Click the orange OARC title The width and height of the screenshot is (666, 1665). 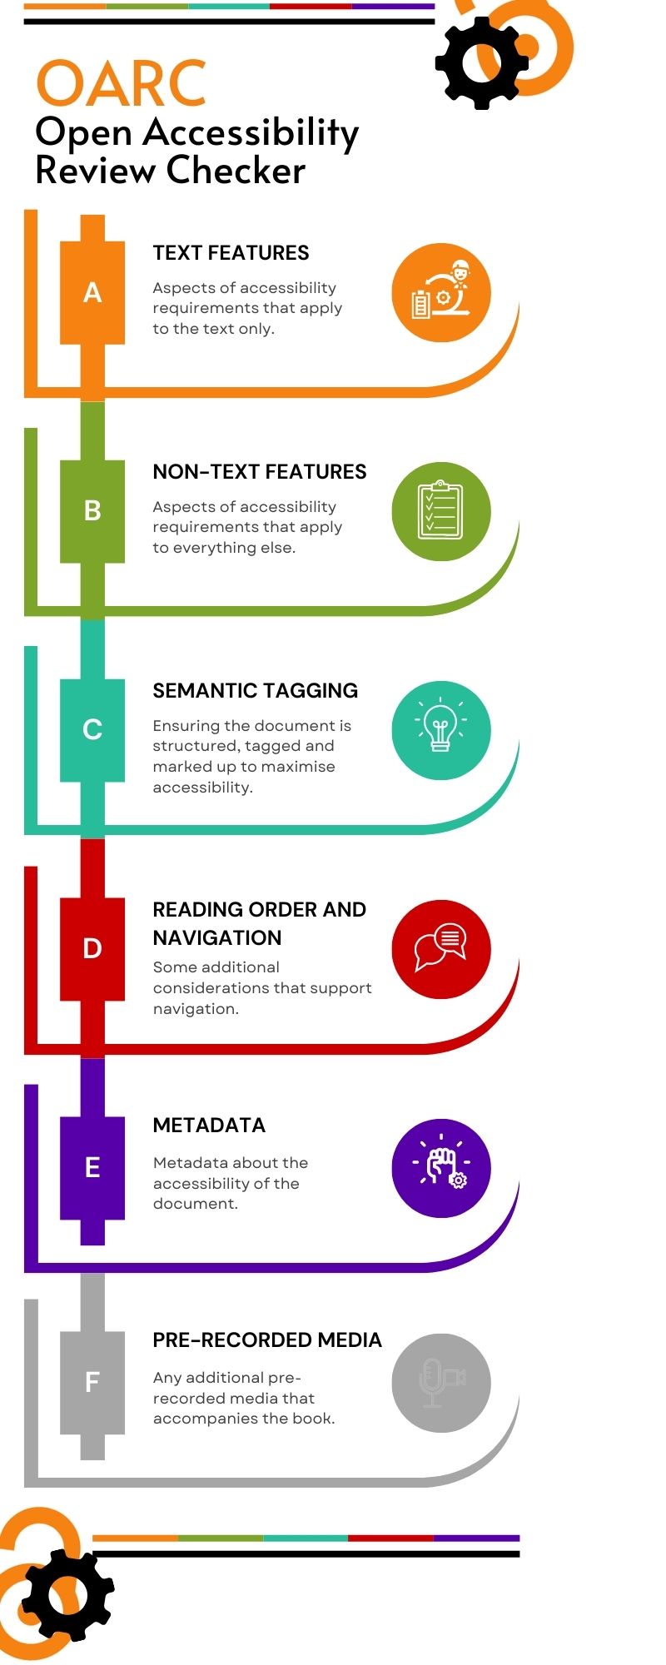click(121, 83)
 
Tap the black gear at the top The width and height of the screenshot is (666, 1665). click(481, 62)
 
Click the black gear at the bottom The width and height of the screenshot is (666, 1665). click(67, 1595)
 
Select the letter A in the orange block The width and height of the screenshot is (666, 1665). click(92, 292)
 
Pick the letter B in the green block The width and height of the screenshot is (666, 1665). click(92, 510)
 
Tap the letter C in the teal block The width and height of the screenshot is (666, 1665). click(92, 729)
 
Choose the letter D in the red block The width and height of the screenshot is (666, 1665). click(92, 948)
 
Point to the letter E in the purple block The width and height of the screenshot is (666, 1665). click(92, 1167)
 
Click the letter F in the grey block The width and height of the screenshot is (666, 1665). click(92, 1382)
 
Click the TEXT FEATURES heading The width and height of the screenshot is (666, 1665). click(231, 253)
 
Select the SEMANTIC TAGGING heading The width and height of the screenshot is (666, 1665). click(255, 691)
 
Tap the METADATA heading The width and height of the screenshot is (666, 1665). click(209, 1126)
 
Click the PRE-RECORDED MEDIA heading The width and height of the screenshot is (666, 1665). click(266, 1340)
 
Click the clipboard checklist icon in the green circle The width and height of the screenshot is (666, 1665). click(440, 510)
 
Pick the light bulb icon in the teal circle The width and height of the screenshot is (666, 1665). click(440, 728)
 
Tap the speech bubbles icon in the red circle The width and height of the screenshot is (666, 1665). click(440, 947)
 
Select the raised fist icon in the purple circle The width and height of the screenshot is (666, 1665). click(441, 1167)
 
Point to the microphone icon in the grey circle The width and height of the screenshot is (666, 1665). click(433, 1383)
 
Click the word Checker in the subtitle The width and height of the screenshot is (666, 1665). click(236, 171)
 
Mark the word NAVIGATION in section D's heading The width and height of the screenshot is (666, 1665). click(217, 938)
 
